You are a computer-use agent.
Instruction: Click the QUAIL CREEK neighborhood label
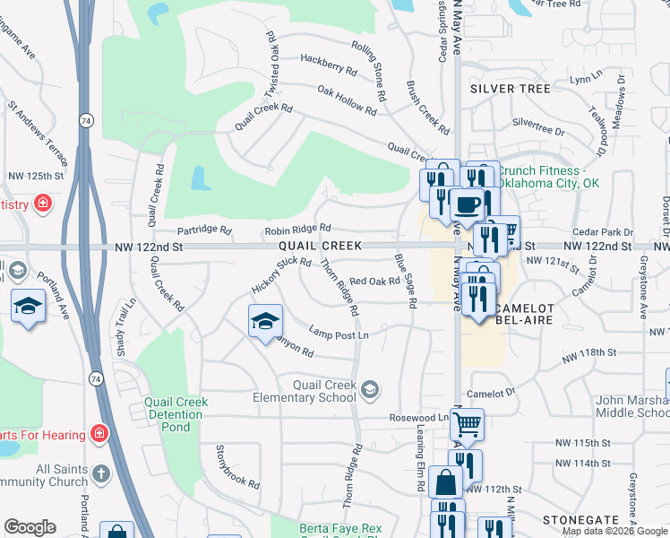click(x=320, y=246)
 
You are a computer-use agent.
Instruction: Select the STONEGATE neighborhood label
click(x=580, y=520)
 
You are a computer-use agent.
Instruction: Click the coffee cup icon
click(x=466, y=205)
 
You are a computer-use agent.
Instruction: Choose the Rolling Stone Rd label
click(x=369, y=70)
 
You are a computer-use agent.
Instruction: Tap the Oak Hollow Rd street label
click(x=347, y=100)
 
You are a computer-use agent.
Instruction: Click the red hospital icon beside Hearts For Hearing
click(x=99, y=435)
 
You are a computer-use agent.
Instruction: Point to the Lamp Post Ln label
click(x=338, y=333)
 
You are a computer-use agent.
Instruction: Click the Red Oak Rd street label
click(x=374, y=282)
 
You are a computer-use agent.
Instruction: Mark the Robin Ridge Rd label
click(x=297, y=230)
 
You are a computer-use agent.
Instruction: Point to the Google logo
click(x=30, y=527)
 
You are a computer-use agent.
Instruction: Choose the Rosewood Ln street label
click(x=418, y=418)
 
